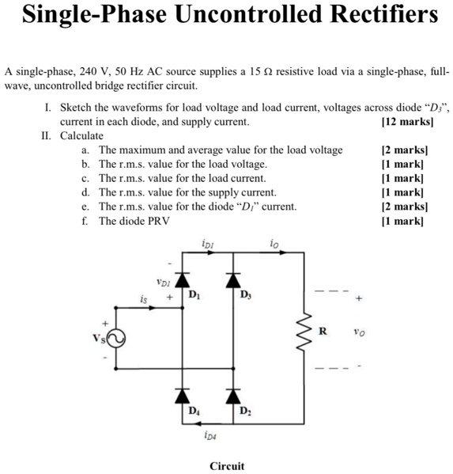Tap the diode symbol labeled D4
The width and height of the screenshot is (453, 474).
pyautogui.click(x=185, y=393)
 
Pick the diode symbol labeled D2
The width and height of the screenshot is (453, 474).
pyautogui.click(x=232, y=393)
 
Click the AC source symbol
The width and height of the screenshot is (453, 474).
pyautogui.click(x=115, y=339)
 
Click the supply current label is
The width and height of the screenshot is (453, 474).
pyautogui.click(x=143, y=299)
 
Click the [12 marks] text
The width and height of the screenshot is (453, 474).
pyautogui.click(x=406, y=123)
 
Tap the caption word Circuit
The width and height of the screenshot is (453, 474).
pyautogui.click(x=227, y=466)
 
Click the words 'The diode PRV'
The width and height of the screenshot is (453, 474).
pyautogui.click(x=134, y=221)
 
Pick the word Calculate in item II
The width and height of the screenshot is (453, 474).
pyautogui.click(x=83, y=135)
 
